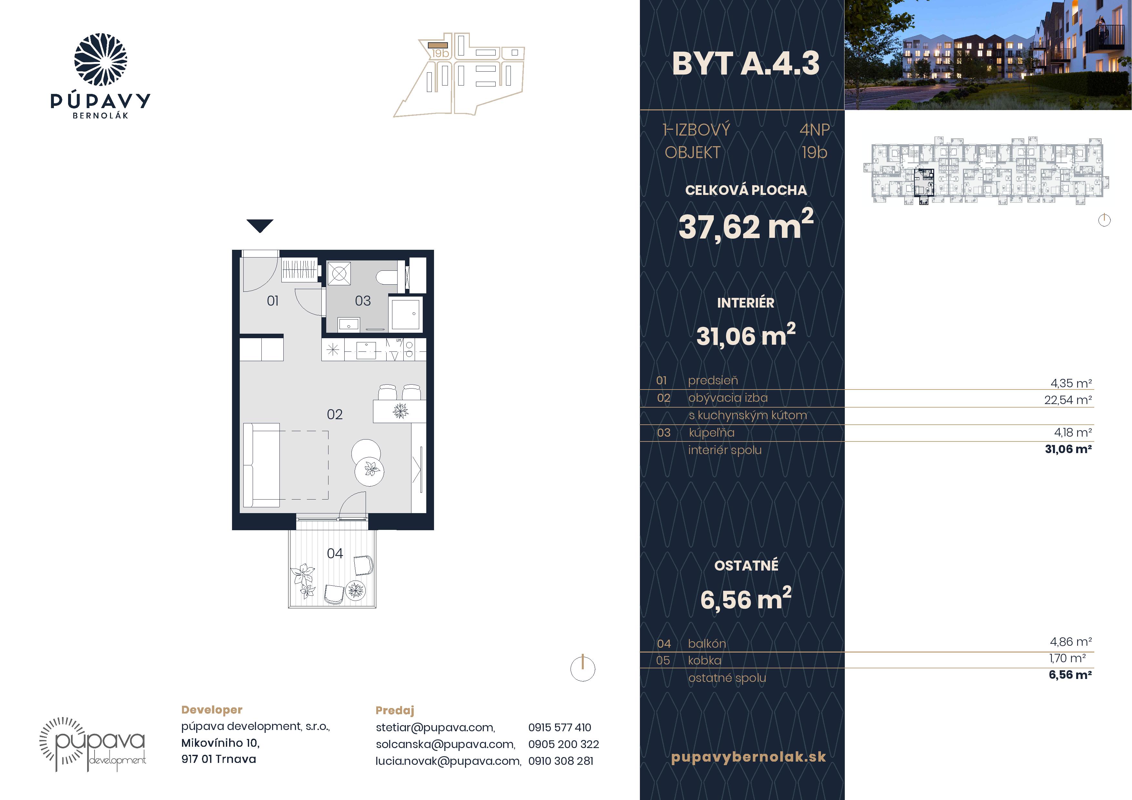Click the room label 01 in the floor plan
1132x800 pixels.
click(273, 301)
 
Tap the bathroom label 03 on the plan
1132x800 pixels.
click(363, 301)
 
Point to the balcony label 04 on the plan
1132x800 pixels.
click(335, 553)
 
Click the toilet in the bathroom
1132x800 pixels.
click(387, 277)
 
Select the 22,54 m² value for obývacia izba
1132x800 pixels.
click(1068, 400)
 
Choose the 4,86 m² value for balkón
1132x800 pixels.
click(1071, 642)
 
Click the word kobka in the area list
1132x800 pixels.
click(704, 661)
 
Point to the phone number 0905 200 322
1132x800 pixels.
click(563, 744)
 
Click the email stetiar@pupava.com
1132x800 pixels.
click(435, 727)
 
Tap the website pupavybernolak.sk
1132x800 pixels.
click(748, 757)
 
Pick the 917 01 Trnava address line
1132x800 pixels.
click(219, 759)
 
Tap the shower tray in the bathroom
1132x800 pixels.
click(405, 313)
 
